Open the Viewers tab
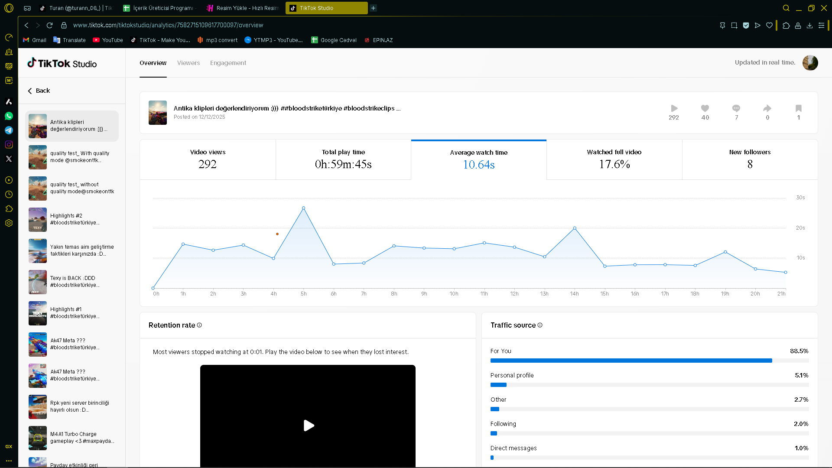188,63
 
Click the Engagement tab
228,63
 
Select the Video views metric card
208,159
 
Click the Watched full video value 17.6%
614,164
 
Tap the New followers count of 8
750,164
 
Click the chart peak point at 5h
303,208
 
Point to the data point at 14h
575,228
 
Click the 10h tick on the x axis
454,294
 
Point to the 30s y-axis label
800,198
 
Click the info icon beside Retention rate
199,325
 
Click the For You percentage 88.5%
799,351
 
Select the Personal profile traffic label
512,375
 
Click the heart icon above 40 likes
705,108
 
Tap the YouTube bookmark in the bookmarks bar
108,40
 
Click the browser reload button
49,25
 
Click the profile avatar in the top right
810,63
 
